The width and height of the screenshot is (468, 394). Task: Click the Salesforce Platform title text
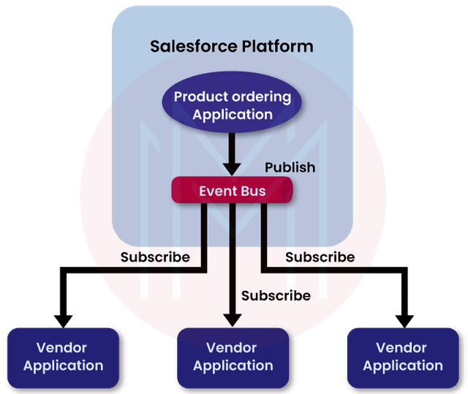[232, 47]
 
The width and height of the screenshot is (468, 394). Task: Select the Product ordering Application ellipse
[232, 105]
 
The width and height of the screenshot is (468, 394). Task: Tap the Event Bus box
[232, 191]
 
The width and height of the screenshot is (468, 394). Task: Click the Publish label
[290, 167]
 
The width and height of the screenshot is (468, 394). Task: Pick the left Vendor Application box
[64, 357]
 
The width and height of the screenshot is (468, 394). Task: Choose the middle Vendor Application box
[233, 357]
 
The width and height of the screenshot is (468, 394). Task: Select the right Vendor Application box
[403, 357]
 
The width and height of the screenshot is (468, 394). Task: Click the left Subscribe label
[155, 257]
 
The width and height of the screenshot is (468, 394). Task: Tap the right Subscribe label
[320, 257]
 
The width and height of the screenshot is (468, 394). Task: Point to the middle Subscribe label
[276, 296]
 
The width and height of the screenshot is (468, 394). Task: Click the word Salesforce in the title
[192, 47]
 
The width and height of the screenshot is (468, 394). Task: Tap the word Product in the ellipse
[200, 97]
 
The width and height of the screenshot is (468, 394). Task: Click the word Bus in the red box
[252, 191]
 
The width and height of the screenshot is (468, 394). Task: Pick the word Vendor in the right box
[403, 348]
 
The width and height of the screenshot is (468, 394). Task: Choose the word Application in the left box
[64, 365]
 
